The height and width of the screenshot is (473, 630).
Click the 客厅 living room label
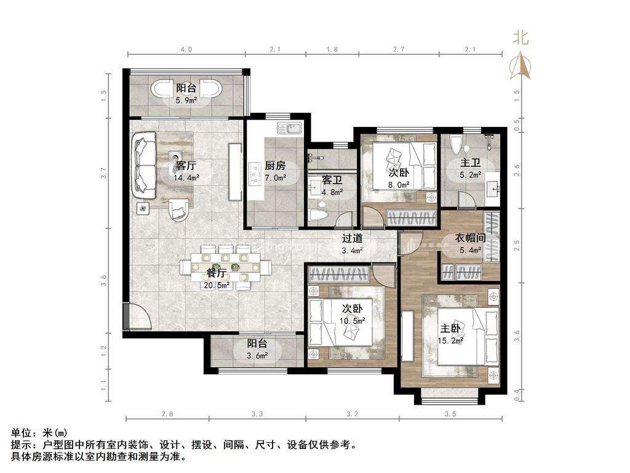tap(186, 165)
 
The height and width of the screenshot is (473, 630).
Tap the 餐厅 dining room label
tap(216, 273)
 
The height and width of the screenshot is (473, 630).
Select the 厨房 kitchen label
tap(275, 165)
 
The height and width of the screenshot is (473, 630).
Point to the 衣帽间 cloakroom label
tap(470, 238)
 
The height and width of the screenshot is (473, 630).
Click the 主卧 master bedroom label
tap(450, 329)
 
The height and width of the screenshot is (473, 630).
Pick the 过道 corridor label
tap(353, 238)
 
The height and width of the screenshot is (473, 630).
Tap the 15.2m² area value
tap(450, 341)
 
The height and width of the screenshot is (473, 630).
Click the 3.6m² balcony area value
tap(257, 355)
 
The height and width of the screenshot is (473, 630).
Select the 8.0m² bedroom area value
tap(398, 184)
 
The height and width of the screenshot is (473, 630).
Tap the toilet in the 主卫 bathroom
tap(456, 145)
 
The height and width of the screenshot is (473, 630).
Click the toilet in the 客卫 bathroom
tap(322, 214)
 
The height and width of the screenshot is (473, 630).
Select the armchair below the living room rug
tap(178, 209)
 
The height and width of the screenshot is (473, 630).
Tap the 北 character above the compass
tap(520, 39)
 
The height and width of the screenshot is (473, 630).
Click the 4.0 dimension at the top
tap(186, 49)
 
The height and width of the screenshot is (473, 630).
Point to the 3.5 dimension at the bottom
tap(450, 413)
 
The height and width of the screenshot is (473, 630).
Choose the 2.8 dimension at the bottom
tap(167, 413)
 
